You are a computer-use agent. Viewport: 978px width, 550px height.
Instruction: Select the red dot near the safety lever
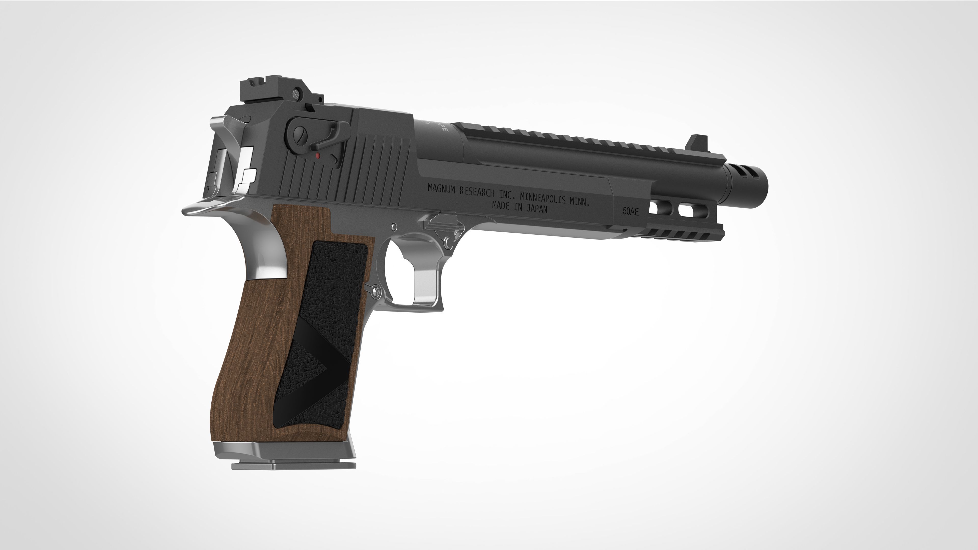tap(318, 156)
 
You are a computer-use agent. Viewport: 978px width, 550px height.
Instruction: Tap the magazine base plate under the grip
tap(294, 465)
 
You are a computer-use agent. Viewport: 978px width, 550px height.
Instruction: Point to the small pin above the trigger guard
tap(394, 227)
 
